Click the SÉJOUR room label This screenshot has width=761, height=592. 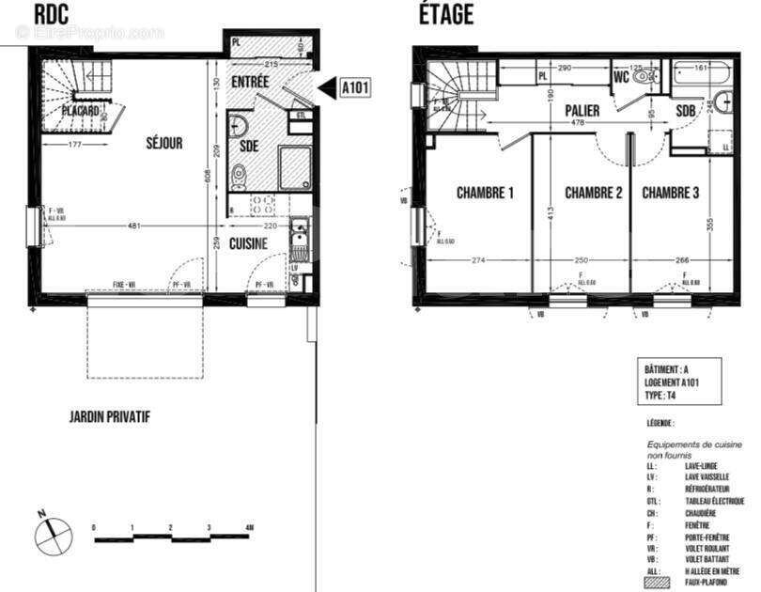[163, 144]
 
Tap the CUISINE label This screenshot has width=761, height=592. [249, 243]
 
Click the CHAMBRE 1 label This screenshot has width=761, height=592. [485, 195]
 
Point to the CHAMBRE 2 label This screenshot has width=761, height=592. [594, 195]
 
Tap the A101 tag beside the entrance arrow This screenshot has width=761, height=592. [354, 88]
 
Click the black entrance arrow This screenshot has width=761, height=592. [325, 88]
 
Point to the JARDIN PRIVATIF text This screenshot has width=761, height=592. [110, 416]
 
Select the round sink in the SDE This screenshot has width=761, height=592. [239, 127]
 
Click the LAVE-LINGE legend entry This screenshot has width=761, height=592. [704, 465]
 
